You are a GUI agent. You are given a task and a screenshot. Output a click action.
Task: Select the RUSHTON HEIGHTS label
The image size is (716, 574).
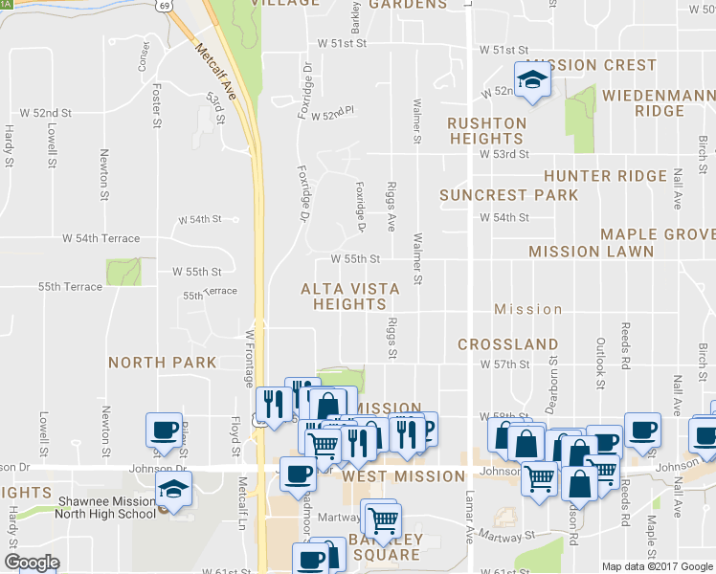click(486, 131)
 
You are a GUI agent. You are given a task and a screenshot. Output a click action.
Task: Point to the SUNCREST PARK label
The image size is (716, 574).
click(508, 195)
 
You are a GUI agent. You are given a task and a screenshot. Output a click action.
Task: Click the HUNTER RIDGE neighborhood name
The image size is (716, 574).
click(605, 176)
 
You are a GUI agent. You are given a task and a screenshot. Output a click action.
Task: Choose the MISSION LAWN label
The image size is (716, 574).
click(591, 252)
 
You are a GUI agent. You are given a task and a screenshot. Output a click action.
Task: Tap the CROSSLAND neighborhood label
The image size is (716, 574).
click(507, 343)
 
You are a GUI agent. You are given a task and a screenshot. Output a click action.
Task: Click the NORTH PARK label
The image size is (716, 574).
click(162, 363)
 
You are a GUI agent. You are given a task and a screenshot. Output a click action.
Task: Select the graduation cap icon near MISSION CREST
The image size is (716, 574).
click(529, 80)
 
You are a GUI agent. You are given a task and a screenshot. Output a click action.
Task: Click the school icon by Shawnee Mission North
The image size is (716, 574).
click(173, 489)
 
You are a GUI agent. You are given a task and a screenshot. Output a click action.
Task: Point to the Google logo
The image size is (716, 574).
click(31, 563)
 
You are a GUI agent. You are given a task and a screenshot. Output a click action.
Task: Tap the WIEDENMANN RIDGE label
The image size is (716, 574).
click(658, 102)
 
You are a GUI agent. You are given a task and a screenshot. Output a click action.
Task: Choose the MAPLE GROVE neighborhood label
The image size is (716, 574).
click(658, 234)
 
